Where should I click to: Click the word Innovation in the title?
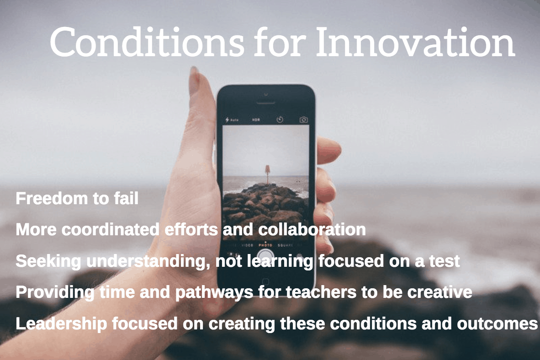[415, 42]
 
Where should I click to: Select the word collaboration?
[312, 229]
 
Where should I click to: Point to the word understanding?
[148, 261]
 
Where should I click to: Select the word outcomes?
[497, 324]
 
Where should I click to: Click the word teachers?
[321, 292]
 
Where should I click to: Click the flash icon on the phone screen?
[228, 120]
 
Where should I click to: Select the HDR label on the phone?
[256, 120]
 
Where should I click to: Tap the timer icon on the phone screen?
[280, 120]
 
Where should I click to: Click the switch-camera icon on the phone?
[303, 120]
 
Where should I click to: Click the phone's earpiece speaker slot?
[266, 102]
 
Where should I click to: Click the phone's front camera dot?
[266, 94]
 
